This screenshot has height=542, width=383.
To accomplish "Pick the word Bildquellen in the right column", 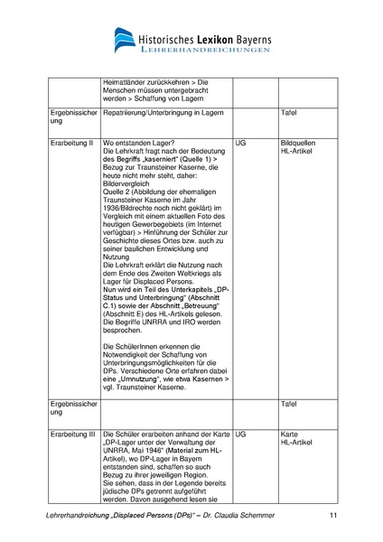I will (x=300, y=143).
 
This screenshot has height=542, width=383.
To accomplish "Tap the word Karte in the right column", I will (x=291, y=435).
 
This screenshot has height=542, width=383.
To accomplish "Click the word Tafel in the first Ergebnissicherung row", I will (x=290, y=116).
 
